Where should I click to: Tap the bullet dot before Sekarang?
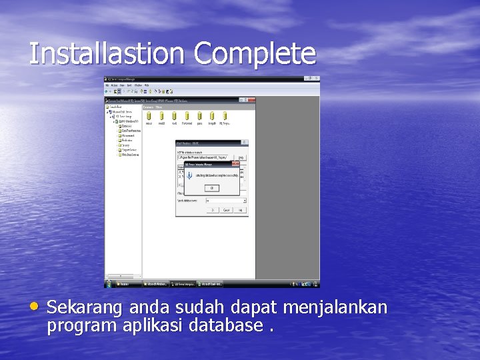34,307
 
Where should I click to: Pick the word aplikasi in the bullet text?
155,326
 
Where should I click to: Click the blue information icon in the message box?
189,175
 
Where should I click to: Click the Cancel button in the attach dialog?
227,210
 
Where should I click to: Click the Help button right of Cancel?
241,210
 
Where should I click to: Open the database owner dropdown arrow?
245,200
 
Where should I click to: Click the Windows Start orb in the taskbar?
109,284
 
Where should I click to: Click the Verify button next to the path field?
241,157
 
